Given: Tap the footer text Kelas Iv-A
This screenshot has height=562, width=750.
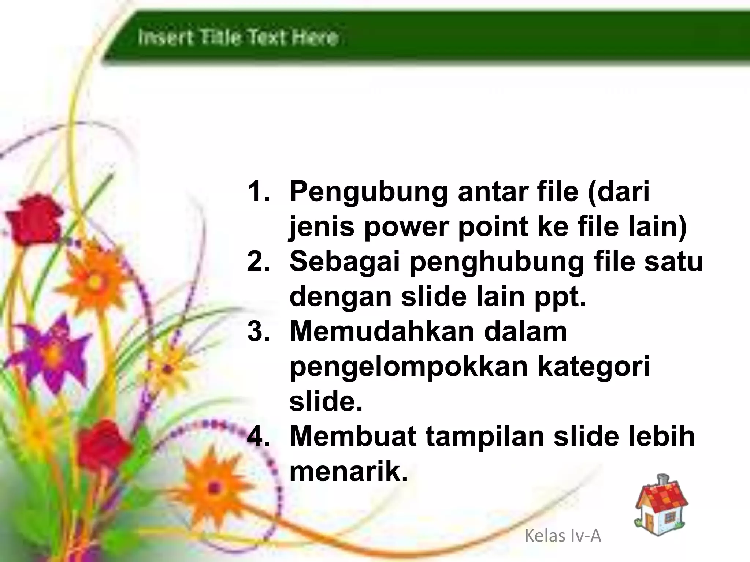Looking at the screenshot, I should pyautogui.click(x=563, y=536).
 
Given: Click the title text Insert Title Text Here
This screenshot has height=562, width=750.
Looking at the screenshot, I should pyautogui.click(x=238, y=38).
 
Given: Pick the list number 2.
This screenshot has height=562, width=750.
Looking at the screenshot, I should pyautogui.click(x=259, y=262).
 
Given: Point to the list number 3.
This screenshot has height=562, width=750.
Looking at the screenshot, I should pyautogui.click(x=259, y=331).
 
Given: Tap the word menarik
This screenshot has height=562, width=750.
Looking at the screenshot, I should pyautogui.click(x=348, y=472).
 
